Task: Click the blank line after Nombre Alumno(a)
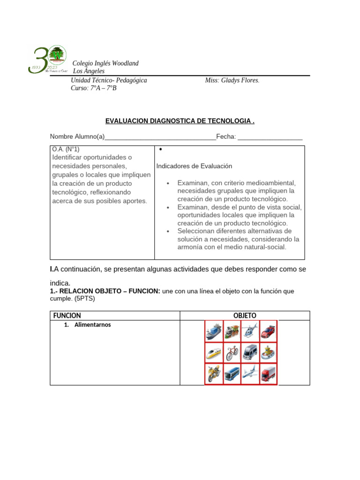pos(160,137)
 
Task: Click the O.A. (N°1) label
pos(66,149)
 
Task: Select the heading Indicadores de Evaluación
pos(194,166)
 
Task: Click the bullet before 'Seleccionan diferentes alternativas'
pos(168,231)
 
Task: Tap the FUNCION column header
pos(67,315)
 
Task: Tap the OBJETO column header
pos(245,315)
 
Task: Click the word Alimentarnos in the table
pos(93,324)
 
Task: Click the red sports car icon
pos(268,331)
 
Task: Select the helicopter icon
pos(249,331)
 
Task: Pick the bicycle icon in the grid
pos(232,352)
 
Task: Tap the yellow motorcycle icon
pos(213,374)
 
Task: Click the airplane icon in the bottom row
pos(250,374)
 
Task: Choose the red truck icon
pos(268,374)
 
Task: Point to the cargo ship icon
pos(213,331)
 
